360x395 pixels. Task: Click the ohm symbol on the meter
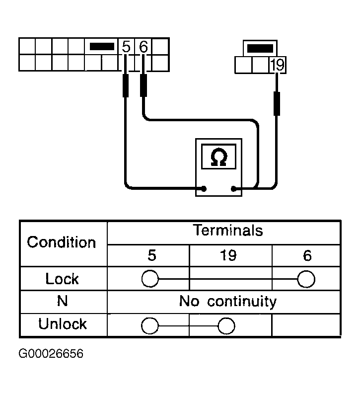point(218,157)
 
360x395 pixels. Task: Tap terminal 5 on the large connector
point(126,47)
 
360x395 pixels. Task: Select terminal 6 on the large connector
point(143,47)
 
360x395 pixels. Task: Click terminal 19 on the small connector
point(277,65)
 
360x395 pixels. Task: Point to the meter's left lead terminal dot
point(204,188)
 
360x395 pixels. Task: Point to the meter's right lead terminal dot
point(233,188)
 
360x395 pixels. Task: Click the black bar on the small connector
point(260,48)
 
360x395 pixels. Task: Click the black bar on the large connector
point(102,47)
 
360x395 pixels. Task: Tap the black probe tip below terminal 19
point(277,104)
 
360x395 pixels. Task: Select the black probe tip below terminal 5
point(125,85)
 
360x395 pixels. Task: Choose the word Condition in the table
point(62,242)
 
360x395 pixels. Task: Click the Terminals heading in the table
point(228,230)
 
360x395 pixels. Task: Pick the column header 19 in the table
point(228,255)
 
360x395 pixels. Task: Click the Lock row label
point(62,279)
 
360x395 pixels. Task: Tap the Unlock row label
point(63,324)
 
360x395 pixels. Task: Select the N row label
point(63,301)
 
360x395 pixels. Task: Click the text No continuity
point(228,301)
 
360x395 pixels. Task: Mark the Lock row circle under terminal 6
point(306,279)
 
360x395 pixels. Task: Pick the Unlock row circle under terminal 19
point(226,326)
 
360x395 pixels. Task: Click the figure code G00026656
point(51,353)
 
